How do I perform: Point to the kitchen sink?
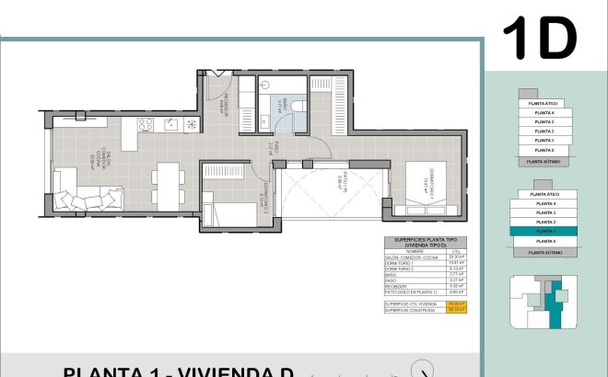(x=170, y=125)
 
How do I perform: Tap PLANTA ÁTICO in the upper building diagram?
(x=543, y=104)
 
